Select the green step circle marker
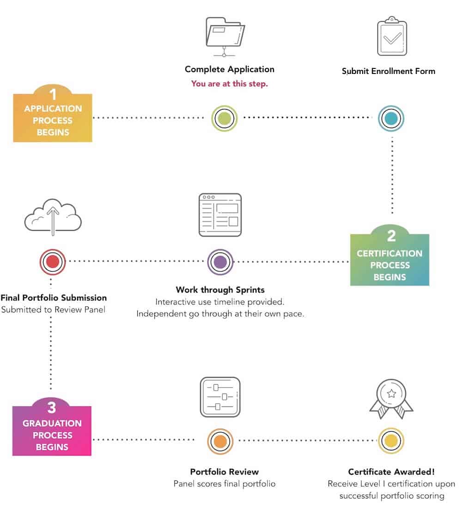point(224,118)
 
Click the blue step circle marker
point(391,118)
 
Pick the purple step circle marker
point(220,262)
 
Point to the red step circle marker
point(53,262)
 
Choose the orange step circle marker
point(220,441)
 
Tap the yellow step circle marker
point(391,441)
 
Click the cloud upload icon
point(53,217)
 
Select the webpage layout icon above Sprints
point(220,215)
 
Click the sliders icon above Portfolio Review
point(220,397)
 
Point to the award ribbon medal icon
point(391,399)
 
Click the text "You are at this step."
point(230,84)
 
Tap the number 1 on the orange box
point(53,94)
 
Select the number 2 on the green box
point(391,236)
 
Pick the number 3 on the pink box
point(52,408)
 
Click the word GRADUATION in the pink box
point(52,423)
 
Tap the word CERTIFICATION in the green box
point(389,253)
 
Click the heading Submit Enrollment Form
point(389,71)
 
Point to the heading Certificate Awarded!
point(391,472)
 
